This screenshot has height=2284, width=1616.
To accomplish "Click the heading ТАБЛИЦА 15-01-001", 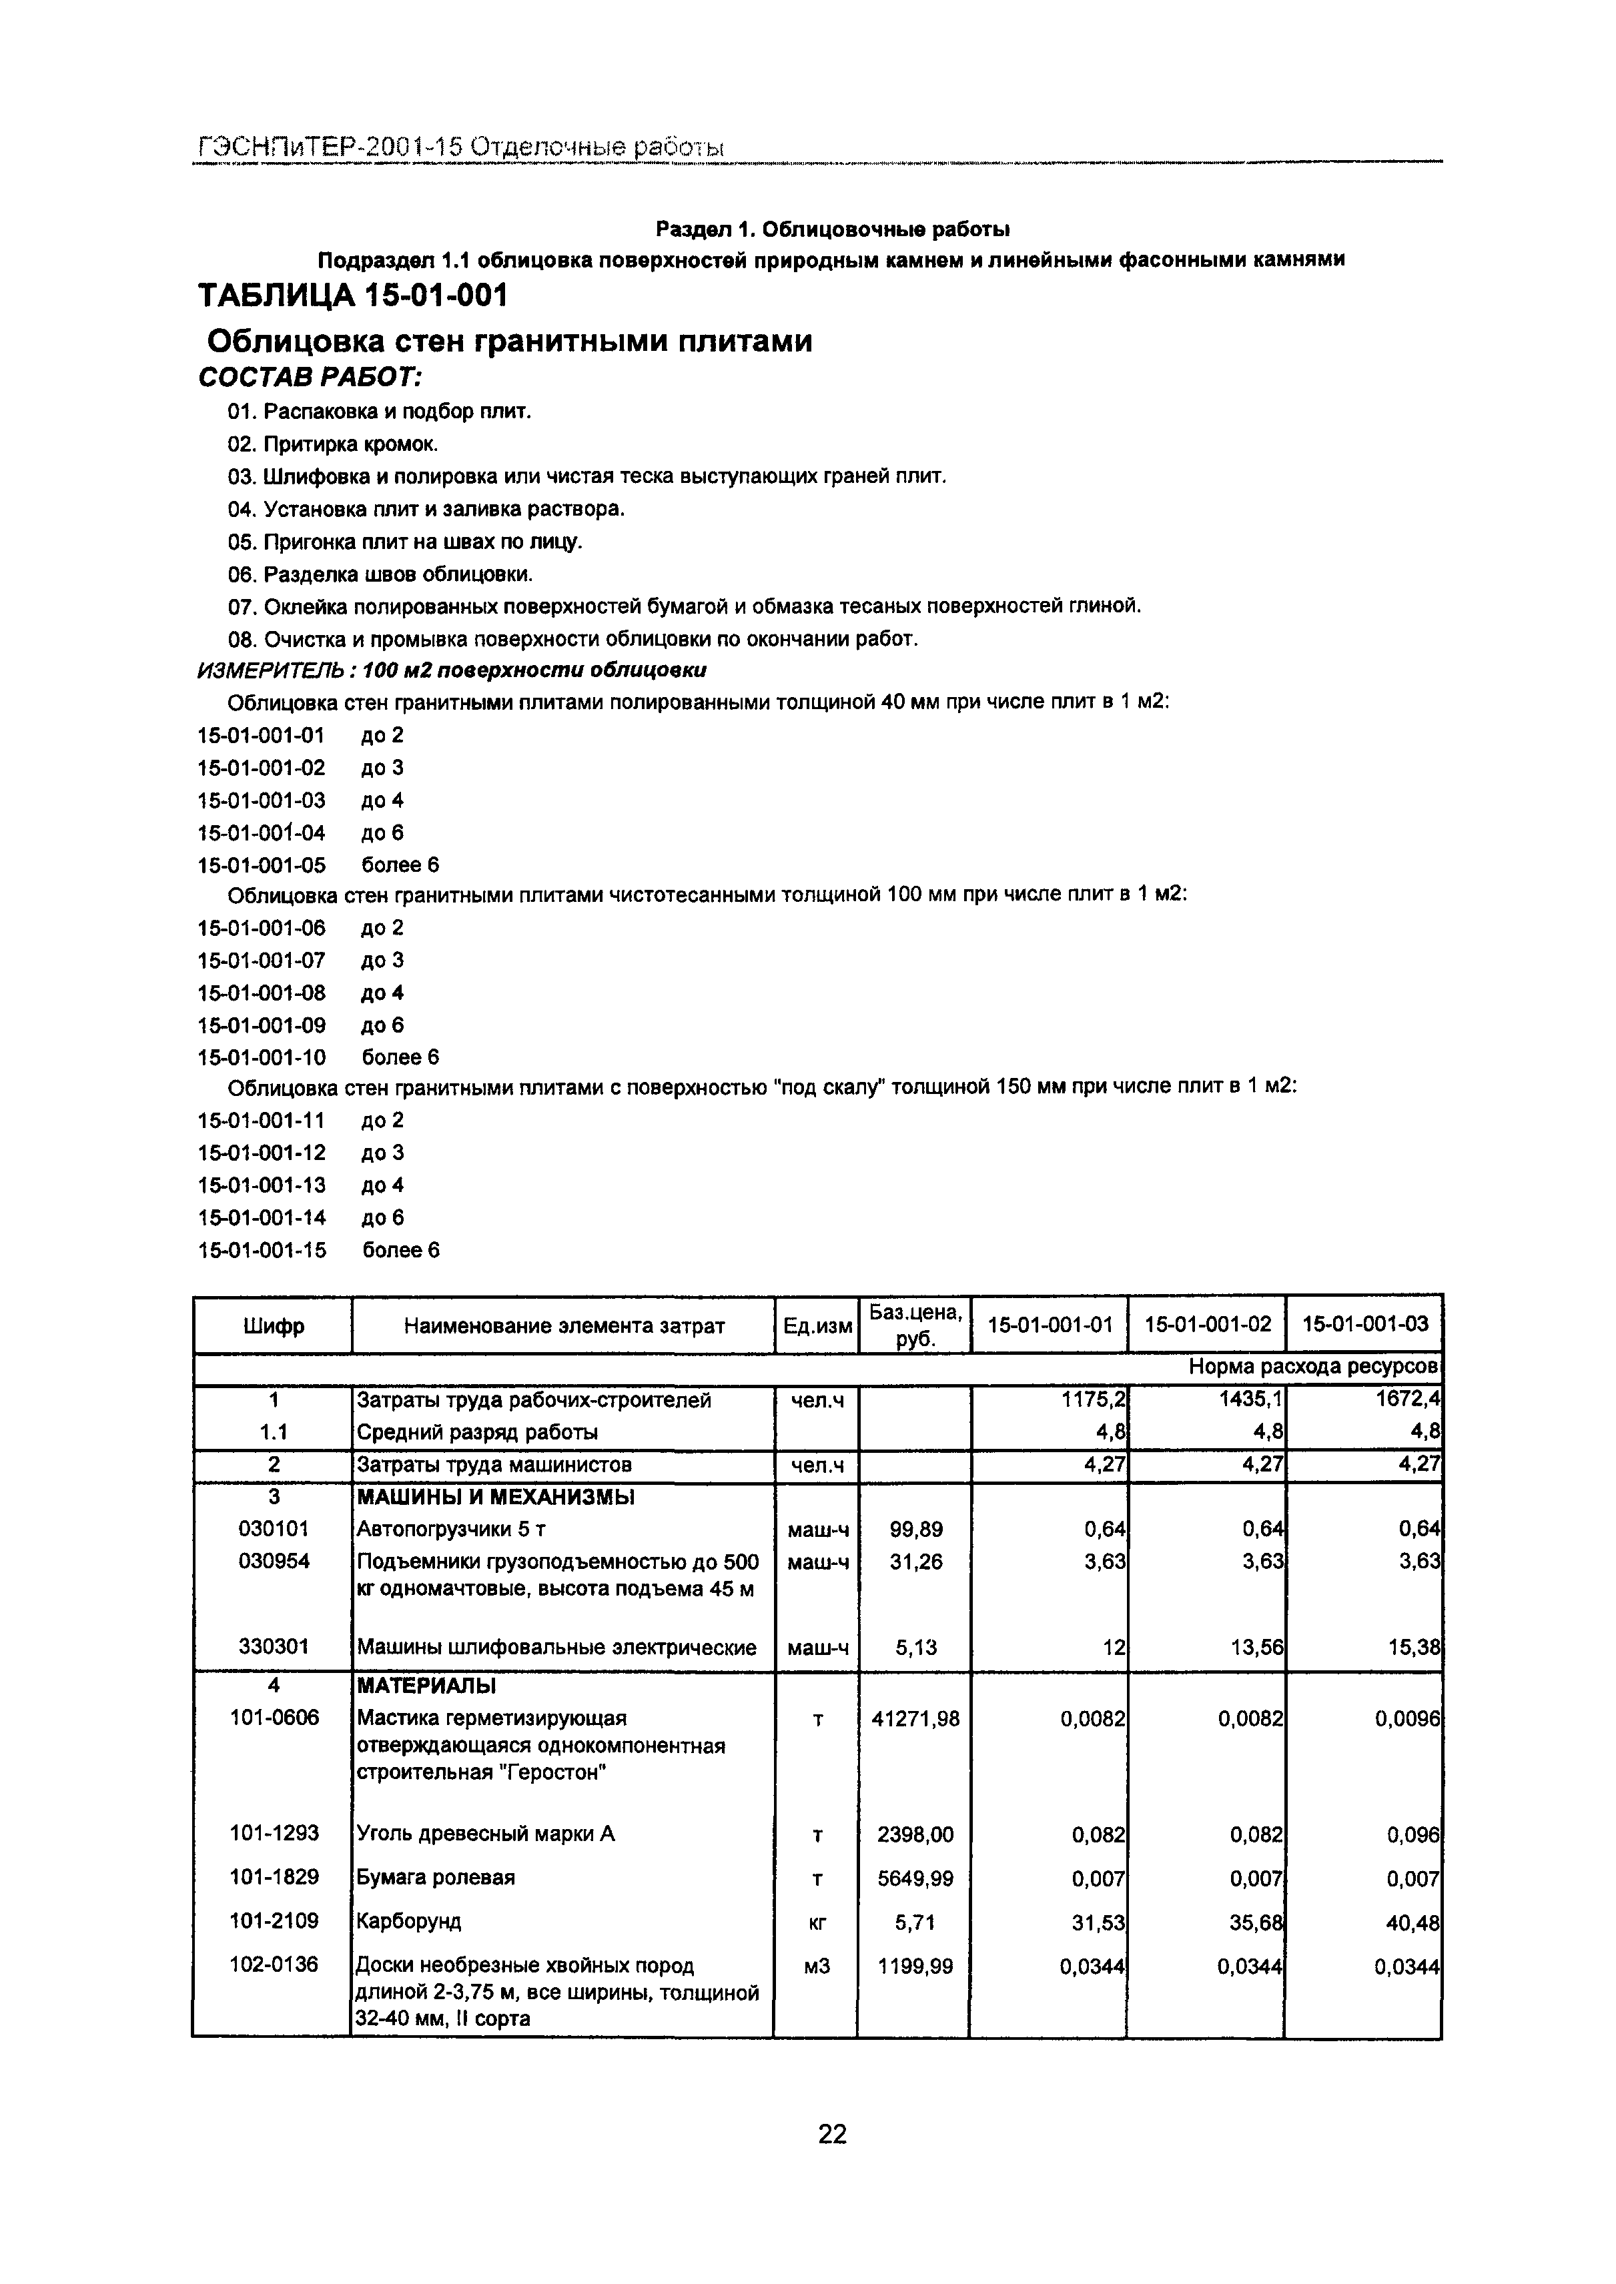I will [352, 296].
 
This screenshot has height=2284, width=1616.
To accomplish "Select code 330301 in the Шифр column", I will [274, 1646].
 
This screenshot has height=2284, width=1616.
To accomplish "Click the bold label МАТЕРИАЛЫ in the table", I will [426, 1686].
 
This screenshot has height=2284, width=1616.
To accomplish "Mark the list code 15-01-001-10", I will [262, 1057].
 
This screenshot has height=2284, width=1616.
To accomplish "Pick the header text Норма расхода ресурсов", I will [1314, 1368].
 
